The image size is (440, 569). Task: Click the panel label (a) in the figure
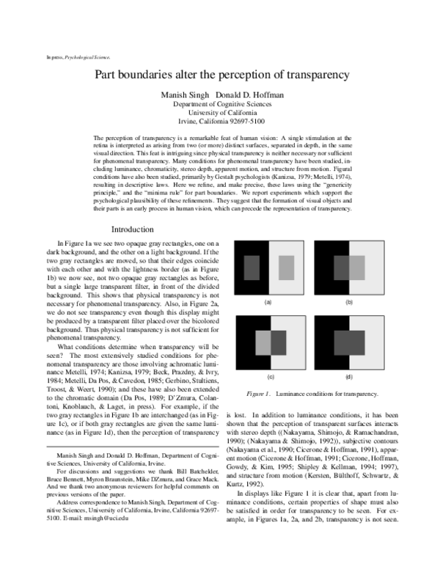click(268, 301)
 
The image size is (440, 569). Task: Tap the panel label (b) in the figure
click(349, 301)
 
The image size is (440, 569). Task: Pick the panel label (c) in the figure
click(268, 376)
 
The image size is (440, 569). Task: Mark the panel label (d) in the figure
click(349, 376)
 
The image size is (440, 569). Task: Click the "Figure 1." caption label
click(260, 394)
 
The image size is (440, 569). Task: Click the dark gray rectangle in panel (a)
click(251, 265)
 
